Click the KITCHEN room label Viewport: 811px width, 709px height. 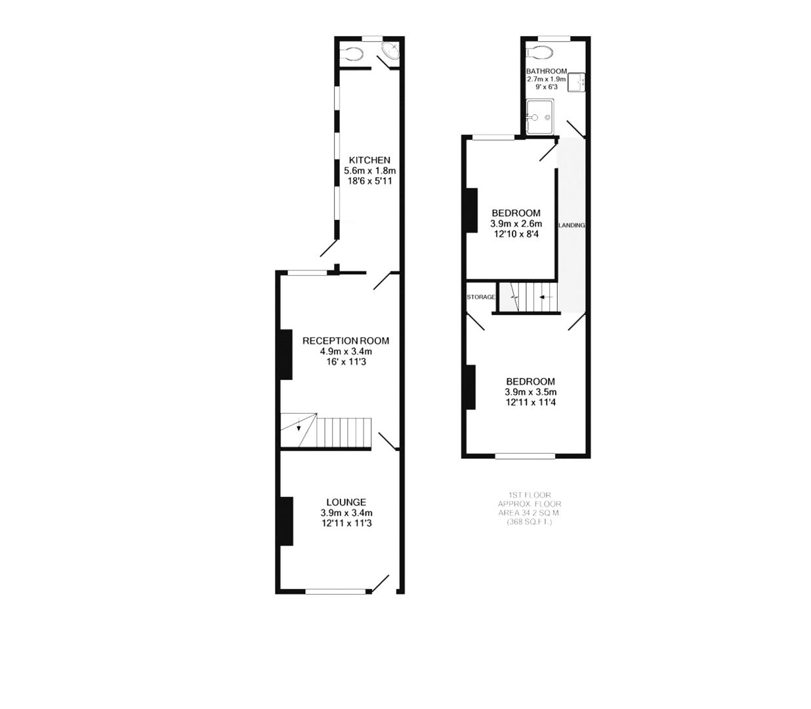click(369, 160)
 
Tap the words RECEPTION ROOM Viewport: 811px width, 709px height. click(345, 341)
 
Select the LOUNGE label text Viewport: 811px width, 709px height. click(346, 502)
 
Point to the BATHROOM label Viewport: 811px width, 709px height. click(546, 71)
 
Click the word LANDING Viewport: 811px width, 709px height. click(571, 225)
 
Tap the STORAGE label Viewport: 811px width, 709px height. click(481, 297)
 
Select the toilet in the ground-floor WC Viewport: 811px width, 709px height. click(353, 54)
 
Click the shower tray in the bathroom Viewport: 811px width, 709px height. click(539, 117)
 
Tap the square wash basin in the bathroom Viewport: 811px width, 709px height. click(576, 82)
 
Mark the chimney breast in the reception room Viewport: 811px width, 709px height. click(286, 354)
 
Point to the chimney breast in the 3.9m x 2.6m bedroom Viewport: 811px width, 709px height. click(471, 210)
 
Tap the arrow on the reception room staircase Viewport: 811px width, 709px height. click(299, 427)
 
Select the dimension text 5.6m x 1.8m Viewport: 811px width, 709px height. click(369, 171)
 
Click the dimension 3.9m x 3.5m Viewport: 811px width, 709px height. click(530, 392)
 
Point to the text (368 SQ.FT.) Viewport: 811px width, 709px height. click(530, 522)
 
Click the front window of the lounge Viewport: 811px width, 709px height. click(335, 591)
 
